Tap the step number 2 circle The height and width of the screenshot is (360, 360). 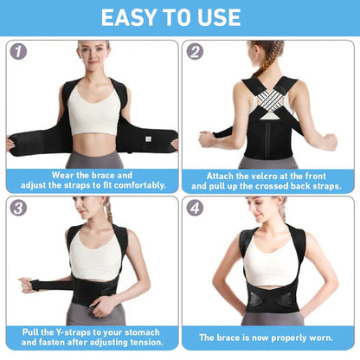(x=196, y=51)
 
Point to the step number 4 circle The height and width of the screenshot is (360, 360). (x=196, y=208)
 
